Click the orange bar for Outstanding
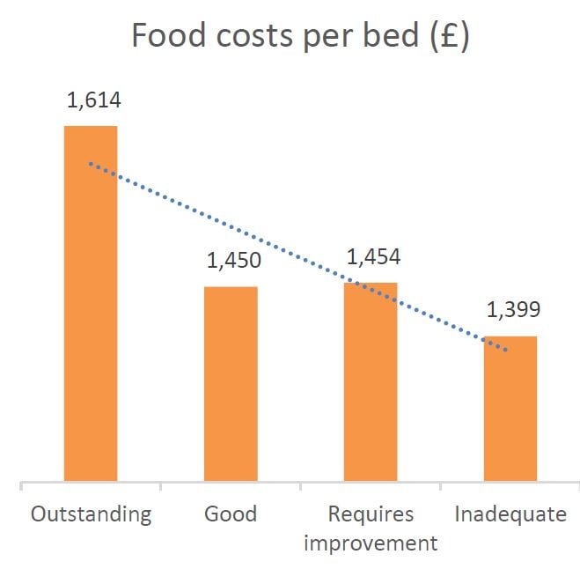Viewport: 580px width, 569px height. [x=91, y=304]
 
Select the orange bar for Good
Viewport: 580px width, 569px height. [x=231, y=384]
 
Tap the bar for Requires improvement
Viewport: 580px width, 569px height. [x=371, y=382]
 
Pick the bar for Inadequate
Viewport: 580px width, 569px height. [x=510, y=409]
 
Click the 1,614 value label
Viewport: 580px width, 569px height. [x=93, y=100]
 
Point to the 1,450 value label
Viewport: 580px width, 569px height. [x=233, y=261]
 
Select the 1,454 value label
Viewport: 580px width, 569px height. [x=373, y=257]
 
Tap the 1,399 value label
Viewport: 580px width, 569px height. [x=512, y=310]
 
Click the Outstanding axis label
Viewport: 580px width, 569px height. [x=91, y=514]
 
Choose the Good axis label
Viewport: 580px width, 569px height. [x=231, y=514]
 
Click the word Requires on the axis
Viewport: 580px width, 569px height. [x=371, y=514]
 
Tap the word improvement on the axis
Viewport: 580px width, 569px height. [x=371, y=542]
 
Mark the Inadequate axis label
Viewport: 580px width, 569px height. [x=510, y=514]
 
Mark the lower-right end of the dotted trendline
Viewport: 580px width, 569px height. [x=507, y=351]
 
